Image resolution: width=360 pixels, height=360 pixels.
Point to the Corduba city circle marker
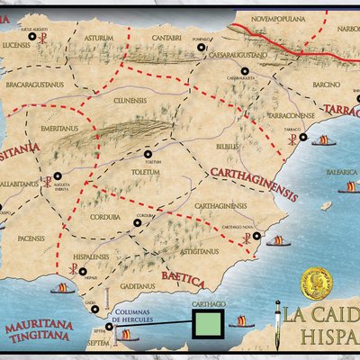(137, 222)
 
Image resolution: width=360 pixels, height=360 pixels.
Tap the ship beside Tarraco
(322, 139)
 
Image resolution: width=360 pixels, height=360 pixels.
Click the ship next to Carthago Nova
(278, 240)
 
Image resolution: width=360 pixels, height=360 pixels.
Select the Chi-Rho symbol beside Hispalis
(63, 271)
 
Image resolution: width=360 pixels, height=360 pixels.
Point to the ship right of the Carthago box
(242, 321)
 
